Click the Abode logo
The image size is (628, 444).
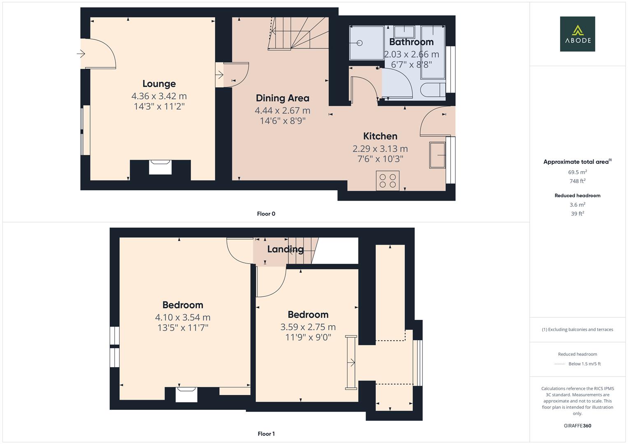coord(577,34)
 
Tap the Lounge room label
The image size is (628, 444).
coord(159,83)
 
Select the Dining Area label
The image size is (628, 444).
coord(282,98)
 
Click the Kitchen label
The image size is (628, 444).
coord(380,136)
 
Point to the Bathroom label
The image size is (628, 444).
coord(411,42)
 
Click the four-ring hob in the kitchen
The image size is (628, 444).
coord(387,180)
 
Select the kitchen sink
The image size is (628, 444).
coord(437,155)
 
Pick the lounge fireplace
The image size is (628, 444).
coord(160,167)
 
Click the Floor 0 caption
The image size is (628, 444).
coord(266,214)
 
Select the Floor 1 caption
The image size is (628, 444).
coord(266,434)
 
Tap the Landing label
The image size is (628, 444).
coord(285,249)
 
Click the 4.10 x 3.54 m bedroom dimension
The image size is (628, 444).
coord(183,317)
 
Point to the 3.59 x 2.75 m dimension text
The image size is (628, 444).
coord(308,327)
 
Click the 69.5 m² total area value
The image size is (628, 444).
coord(577,172)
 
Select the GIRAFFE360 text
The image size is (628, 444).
coord(577,425)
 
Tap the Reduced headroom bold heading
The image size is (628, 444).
coord(577,196)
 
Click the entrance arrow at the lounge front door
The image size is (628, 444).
coord(81,53)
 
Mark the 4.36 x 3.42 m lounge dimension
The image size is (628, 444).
coord(159,96)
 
